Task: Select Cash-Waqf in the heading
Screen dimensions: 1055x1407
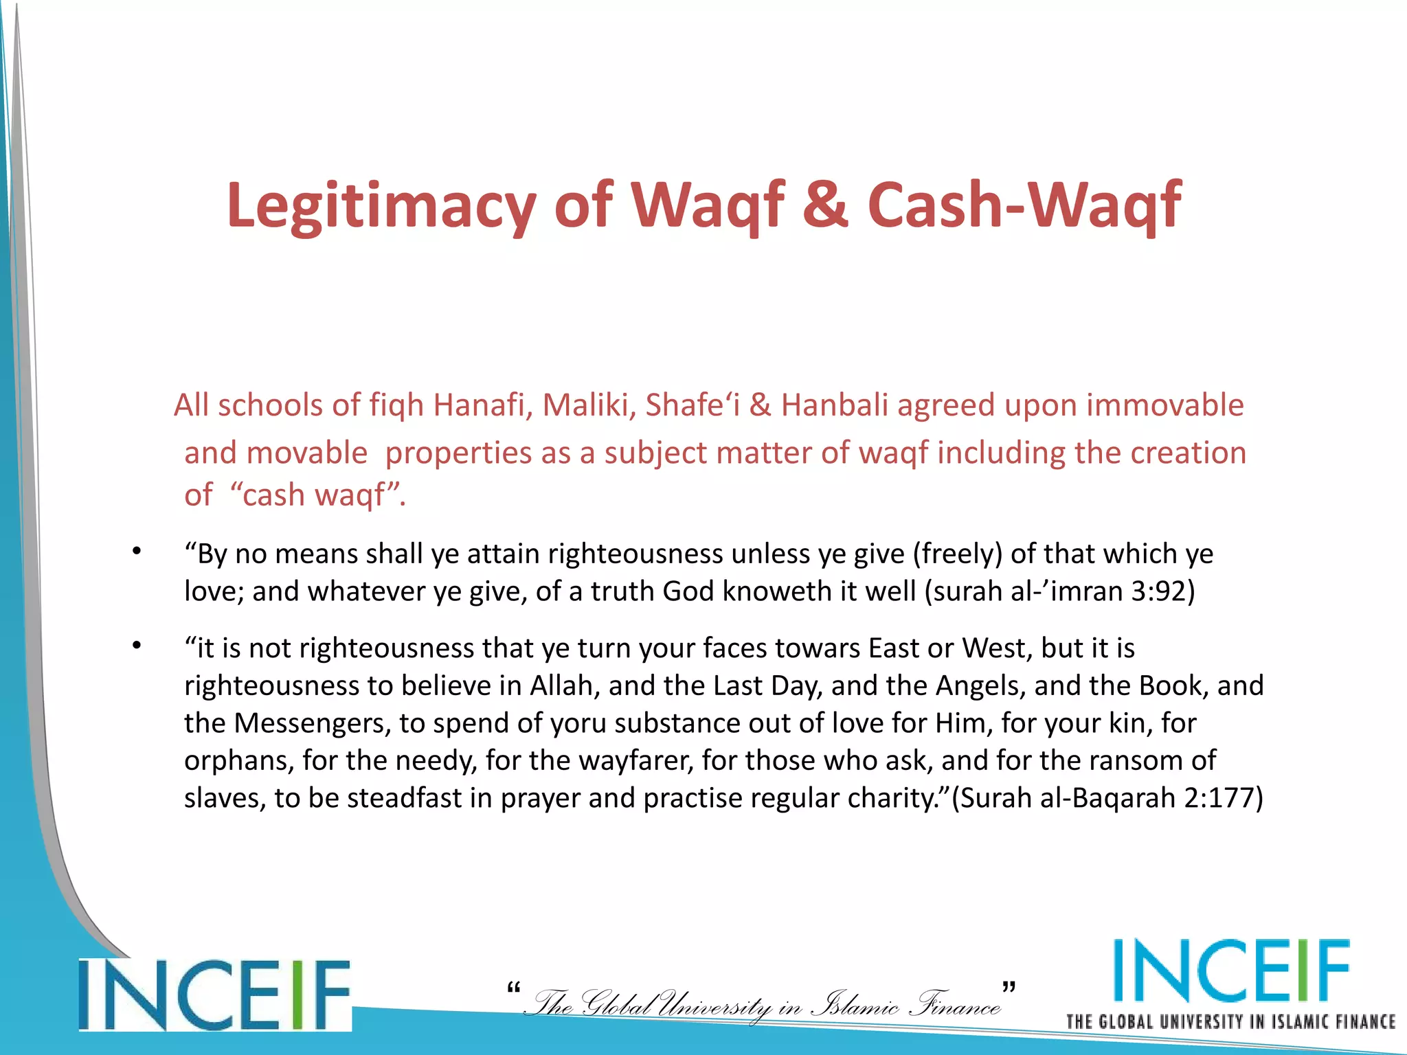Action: (x=1024, y=204)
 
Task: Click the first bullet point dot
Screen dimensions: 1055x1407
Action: (x=137, y=551)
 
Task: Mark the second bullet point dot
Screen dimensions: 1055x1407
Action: (x=137, y=645)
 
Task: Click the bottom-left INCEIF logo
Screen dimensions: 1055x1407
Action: (x=214, y=995)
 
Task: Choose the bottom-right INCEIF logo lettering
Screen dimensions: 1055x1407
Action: (x=1230, y=971)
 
